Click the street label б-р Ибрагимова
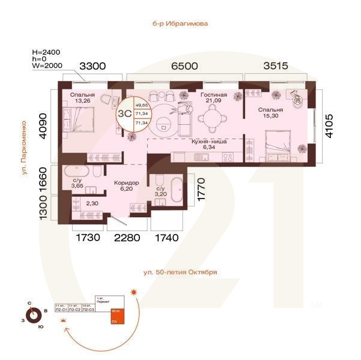[x=180, y=25]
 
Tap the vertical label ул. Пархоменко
[x=23, y=144]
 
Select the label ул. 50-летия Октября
[x=180, y=272]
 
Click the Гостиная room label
[x=214, y=95]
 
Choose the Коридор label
[x=127, y=182]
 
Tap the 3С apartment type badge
[x=125, y=111]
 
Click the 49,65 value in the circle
[x=142, y=104]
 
